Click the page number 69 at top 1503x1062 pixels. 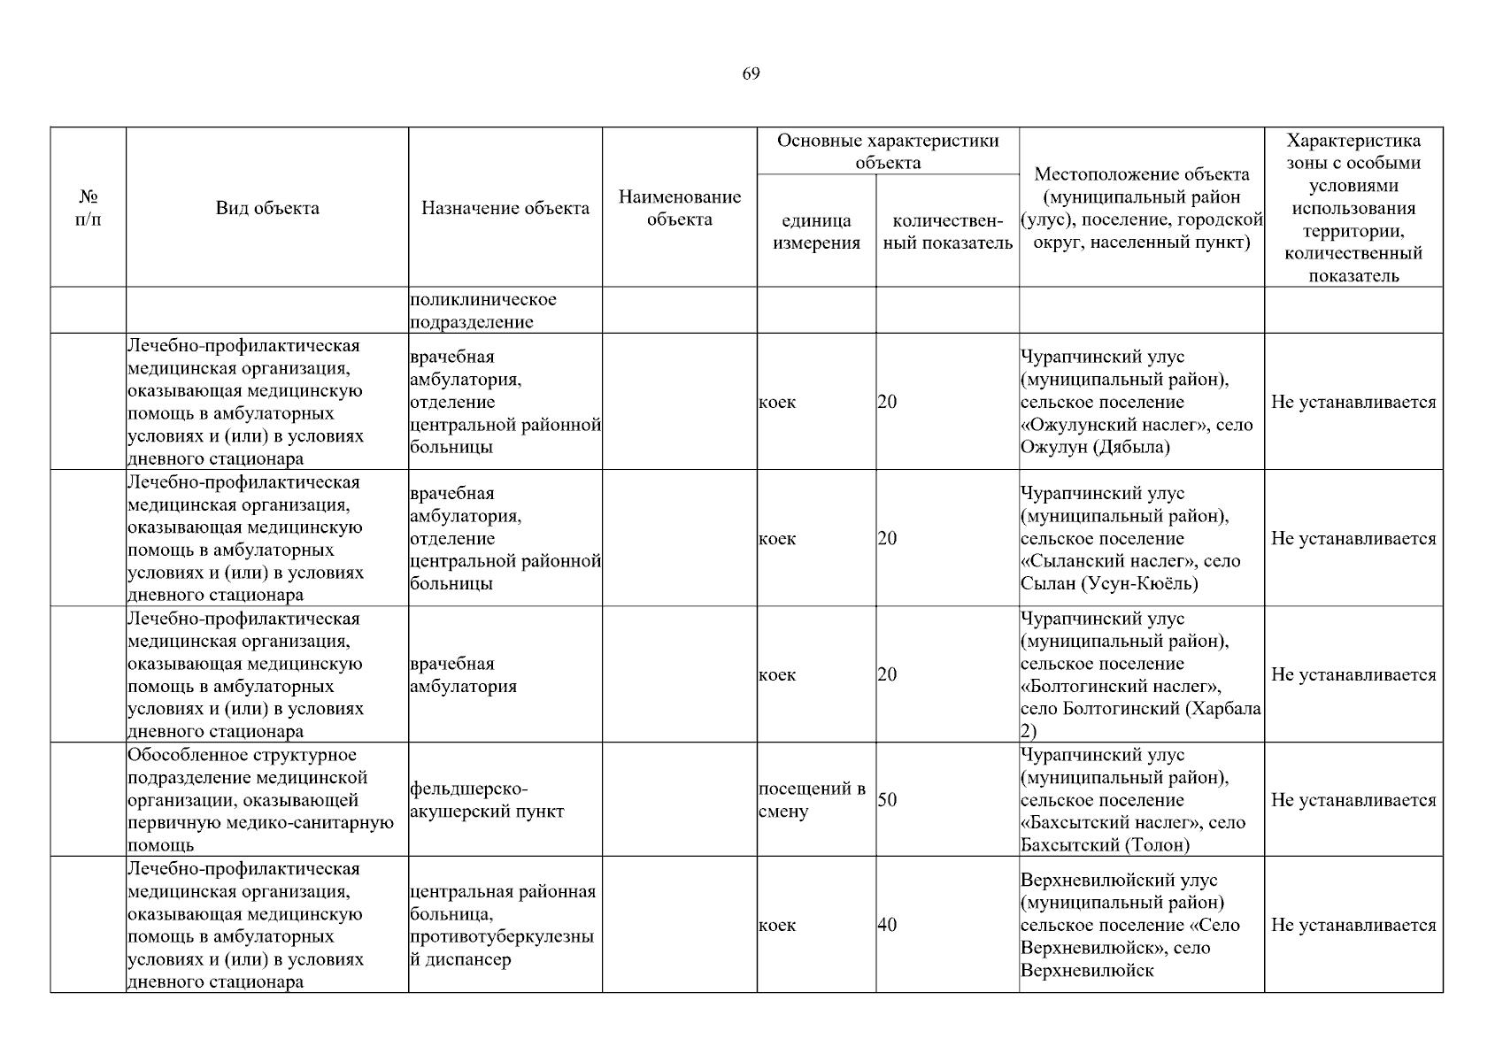tap(751, 73)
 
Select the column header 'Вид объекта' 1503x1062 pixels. tap(267, 208)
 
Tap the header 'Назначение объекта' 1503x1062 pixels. tap(505, 208)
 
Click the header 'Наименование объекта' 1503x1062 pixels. tap(679, 208)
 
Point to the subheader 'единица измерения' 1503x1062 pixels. tap(816, 232)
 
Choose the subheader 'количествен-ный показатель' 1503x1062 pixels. tap(947, 232)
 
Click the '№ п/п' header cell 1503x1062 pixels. tap(89, 208)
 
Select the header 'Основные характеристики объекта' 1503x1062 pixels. tap(887, 151)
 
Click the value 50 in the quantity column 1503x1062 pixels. tap(887, 800)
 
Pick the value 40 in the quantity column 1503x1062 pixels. tap(887, 925)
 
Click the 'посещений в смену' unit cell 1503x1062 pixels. tap(812, 800)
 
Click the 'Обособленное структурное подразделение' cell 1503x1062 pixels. tap(261, 800)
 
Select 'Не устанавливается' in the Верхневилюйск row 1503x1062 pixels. tap(1353, 925)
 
